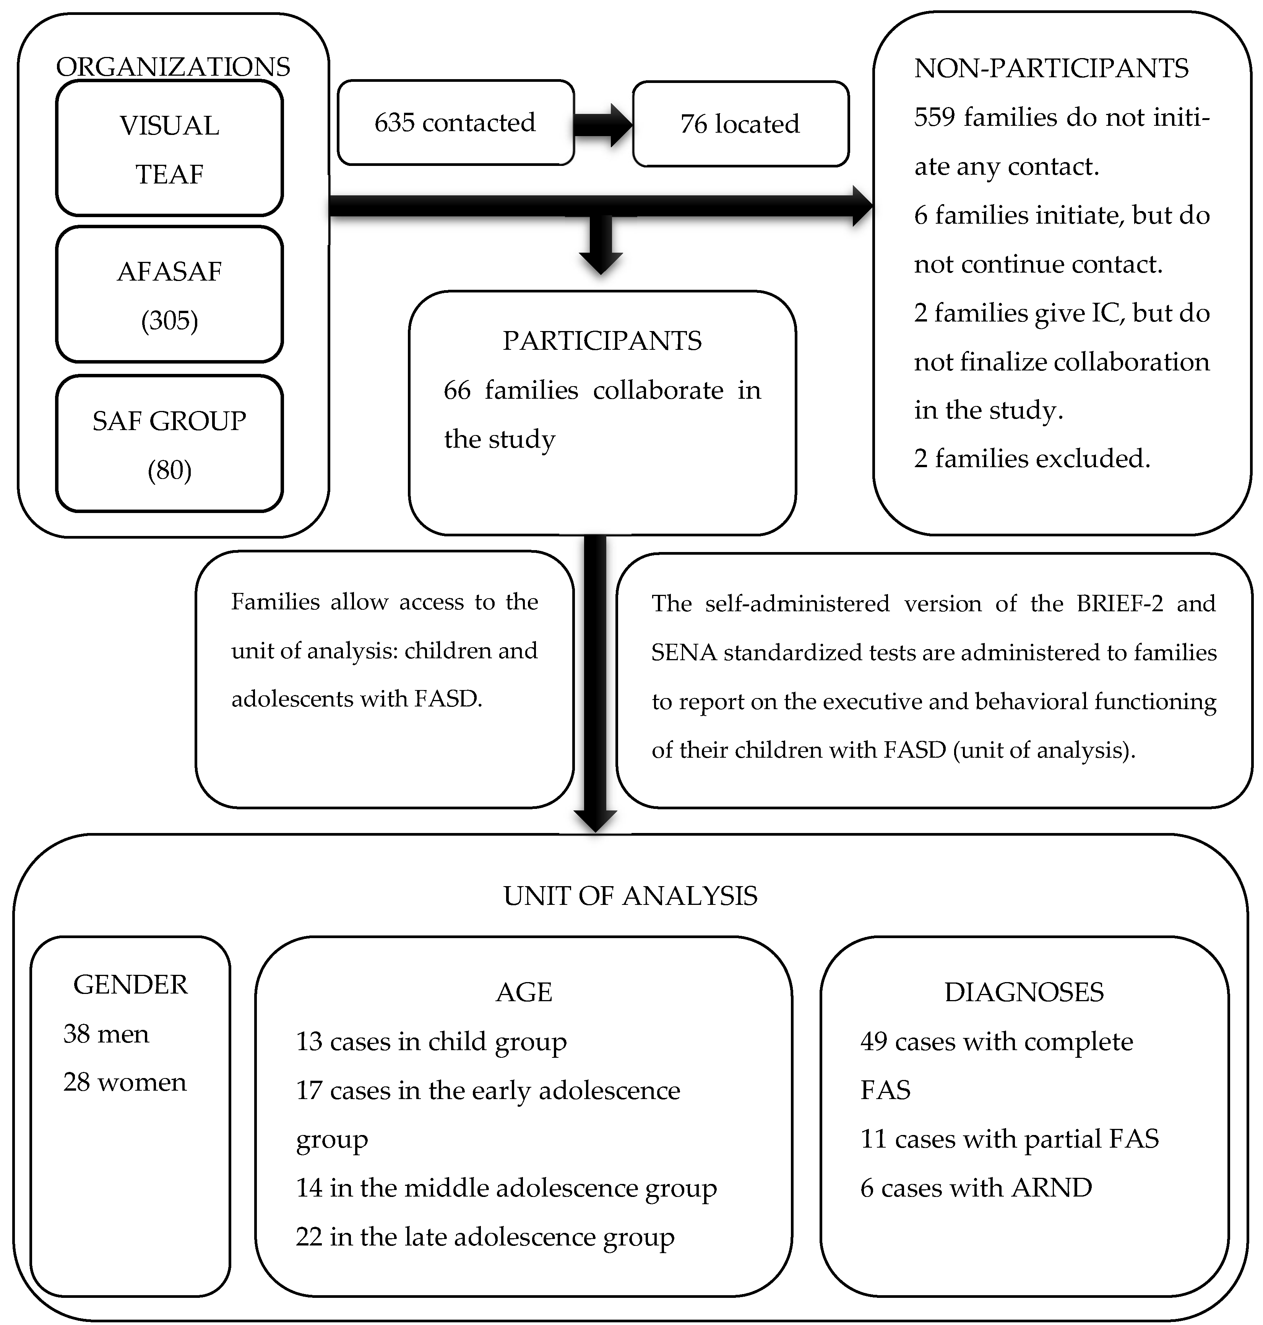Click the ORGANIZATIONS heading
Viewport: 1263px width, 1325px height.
coord(173,67)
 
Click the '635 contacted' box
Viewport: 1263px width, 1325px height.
coord(455,123)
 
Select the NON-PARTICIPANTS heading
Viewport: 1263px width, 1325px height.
coord(1051,69)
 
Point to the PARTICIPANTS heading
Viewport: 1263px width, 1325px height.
coord(602,341)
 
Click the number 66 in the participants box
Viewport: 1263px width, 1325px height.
coord(457,390)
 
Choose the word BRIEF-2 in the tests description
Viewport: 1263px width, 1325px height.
coord(1119,603)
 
